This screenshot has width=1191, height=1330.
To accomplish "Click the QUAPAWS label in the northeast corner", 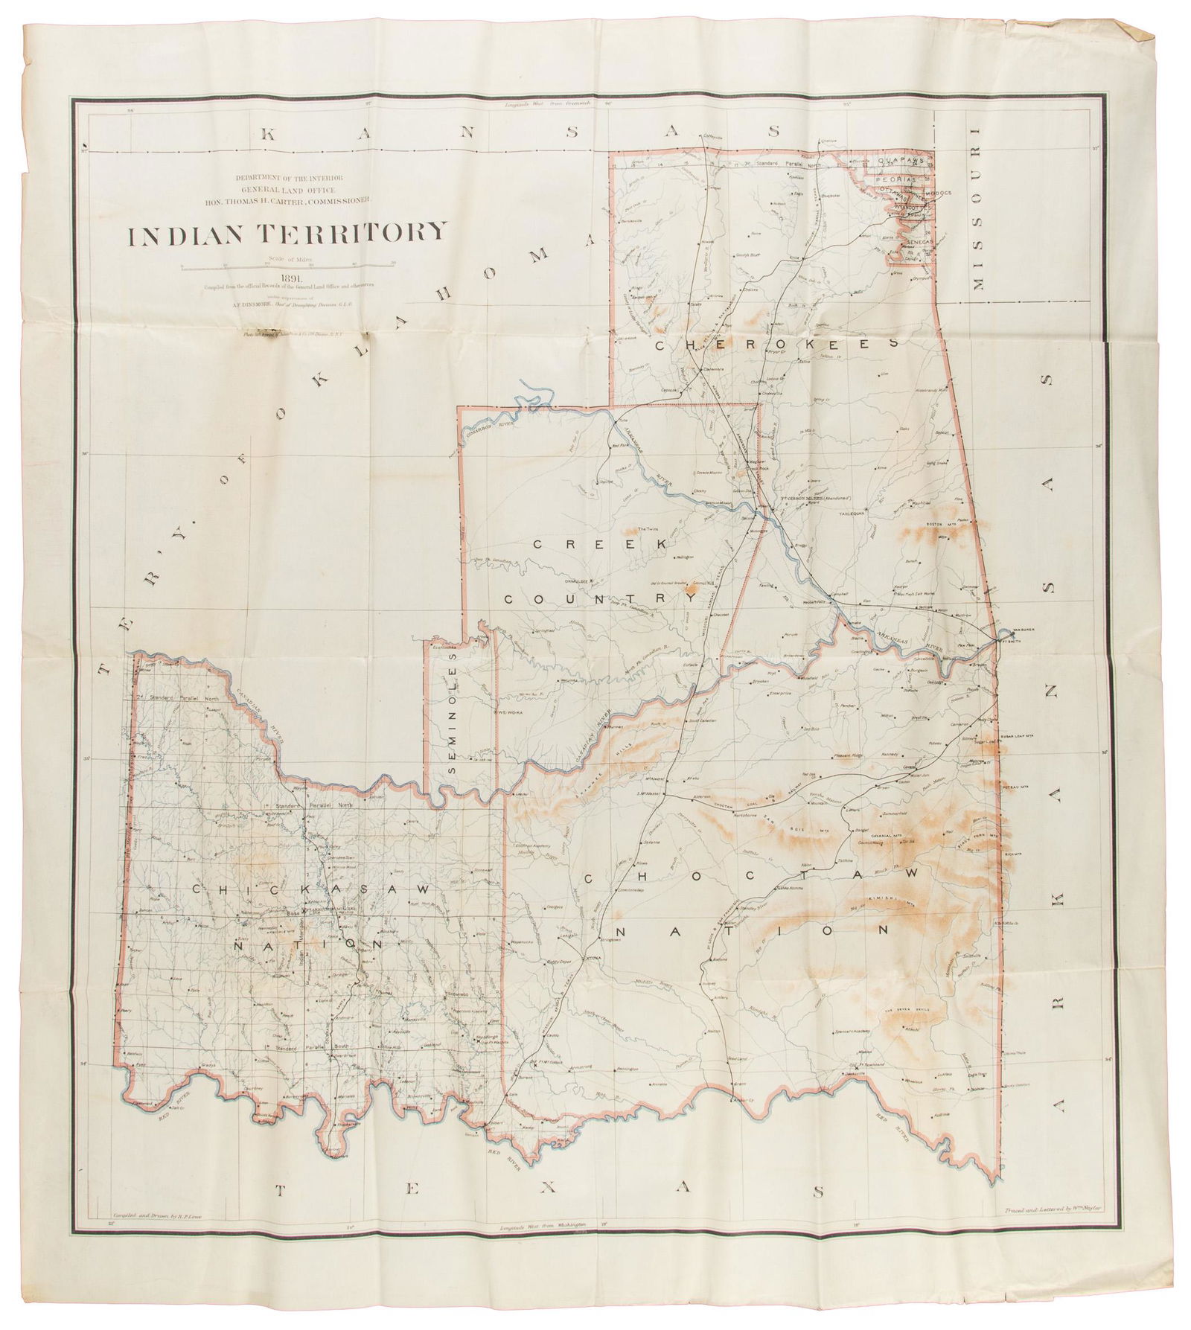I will tap(901, 160).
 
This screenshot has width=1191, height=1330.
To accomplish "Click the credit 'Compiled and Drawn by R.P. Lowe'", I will tap(158, 1235).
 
